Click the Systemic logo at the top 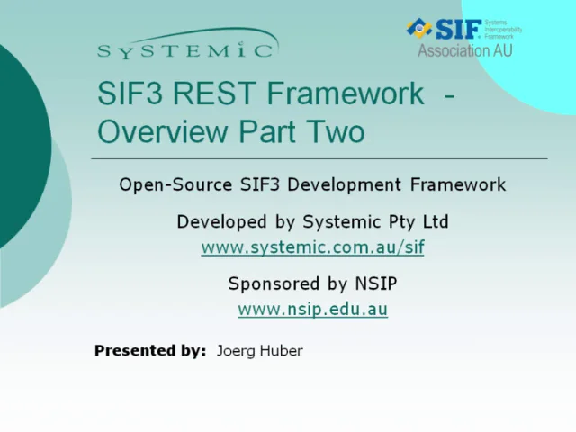point(186,45)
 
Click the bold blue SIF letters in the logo point(459,28)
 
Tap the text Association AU point(464,51)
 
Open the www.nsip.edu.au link point(312,309)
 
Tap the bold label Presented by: point(150,351)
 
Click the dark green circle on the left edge point(18,144)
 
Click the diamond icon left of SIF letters point(419,28)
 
